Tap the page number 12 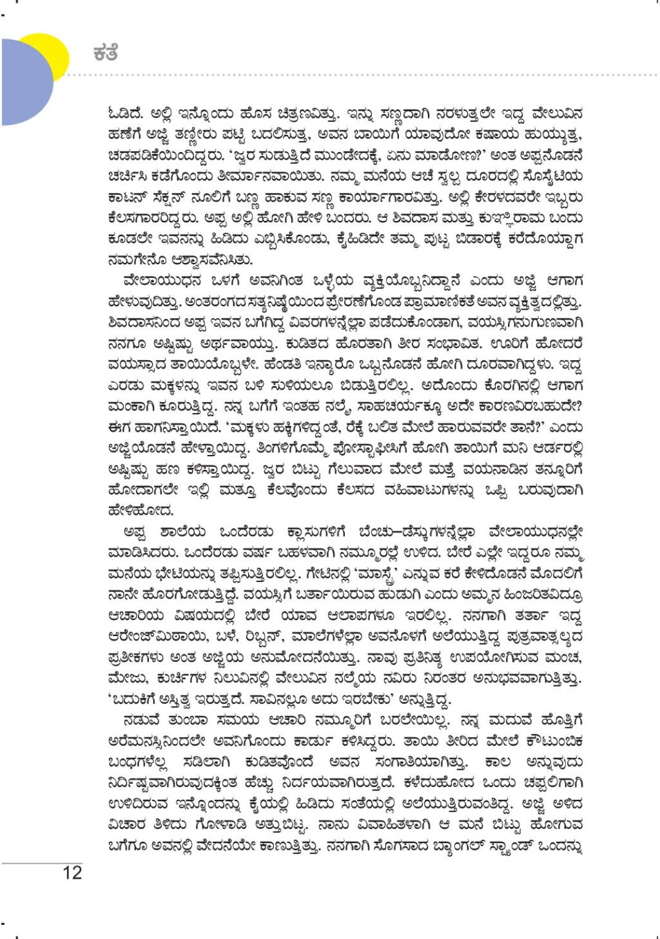[x=72, y=873]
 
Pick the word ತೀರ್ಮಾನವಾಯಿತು [x=232, y=177]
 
